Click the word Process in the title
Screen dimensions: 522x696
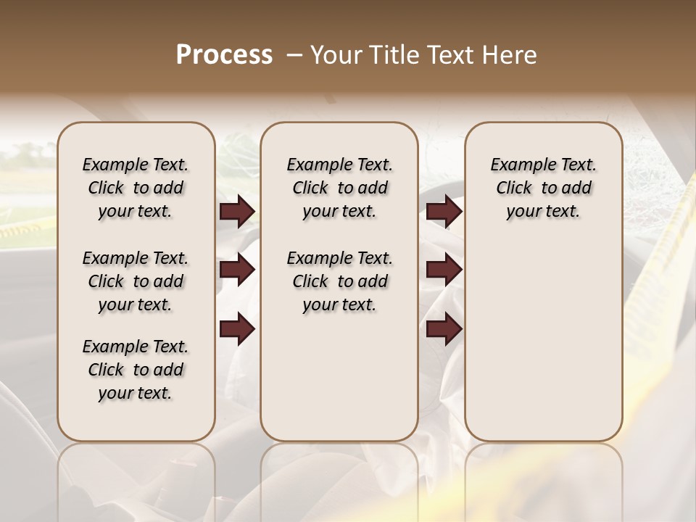click(x=224, y=55)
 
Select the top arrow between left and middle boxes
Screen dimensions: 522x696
click(x=237, y=212)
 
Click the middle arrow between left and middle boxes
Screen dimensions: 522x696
click(x=237, y=270)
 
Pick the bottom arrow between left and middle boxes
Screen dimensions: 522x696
click(x=237, y=329)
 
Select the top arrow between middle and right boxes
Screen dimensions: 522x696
click(x=444, y=212)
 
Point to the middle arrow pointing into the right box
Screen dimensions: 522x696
click(x=444, y=270)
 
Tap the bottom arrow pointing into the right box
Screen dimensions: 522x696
click(x=444, y=329)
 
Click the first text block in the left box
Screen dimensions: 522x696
click(x=136, y=188)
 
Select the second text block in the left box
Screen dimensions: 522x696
click(x=136, y=281)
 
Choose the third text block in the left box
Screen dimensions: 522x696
click(x=136, y=370)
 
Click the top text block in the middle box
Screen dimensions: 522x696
click(x=339, y=188)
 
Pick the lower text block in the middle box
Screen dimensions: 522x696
click(x=339, y=281)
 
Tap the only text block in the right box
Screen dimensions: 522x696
click(x=543, y=188)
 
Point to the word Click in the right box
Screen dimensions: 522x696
click(x=514, y=188)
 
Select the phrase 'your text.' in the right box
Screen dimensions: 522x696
click(x=543, y=212)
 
